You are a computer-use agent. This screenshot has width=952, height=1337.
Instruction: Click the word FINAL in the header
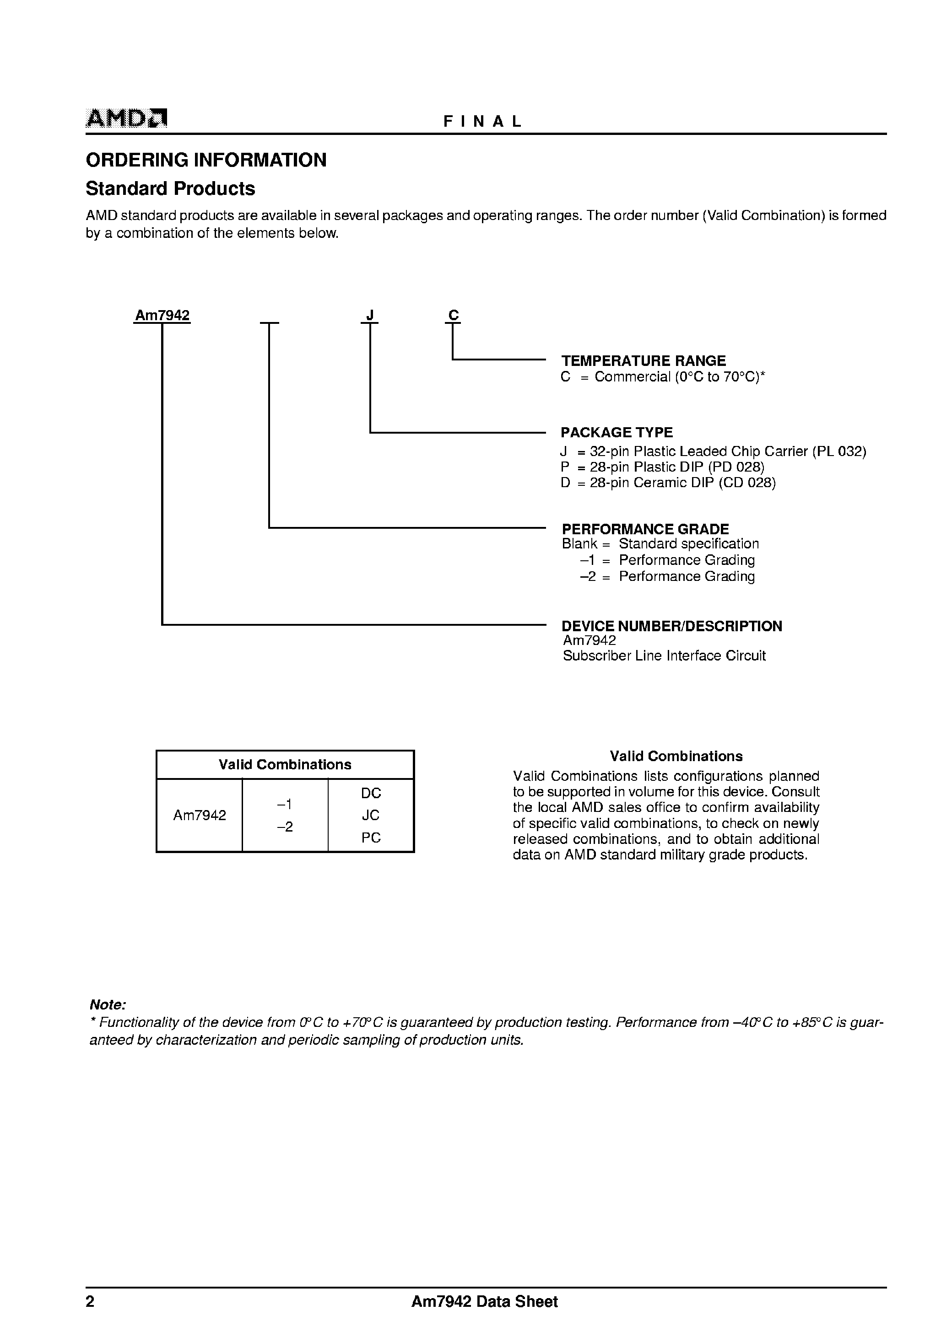tap(482, 121)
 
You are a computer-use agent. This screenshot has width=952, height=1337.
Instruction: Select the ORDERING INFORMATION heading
tap(206, 160)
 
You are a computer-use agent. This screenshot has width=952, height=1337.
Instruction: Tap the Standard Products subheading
tap(171, 188)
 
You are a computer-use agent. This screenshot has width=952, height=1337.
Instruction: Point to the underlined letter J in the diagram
tap(370, 316)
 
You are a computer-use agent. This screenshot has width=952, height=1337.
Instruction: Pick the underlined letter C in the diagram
tap(453, 316)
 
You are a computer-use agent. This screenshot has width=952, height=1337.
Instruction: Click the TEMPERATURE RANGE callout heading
tap(644, 361)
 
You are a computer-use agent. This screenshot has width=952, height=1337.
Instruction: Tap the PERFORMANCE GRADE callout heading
tap(645, 529)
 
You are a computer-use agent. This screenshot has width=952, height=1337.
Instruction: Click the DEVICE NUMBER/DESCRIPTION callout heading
tap(672, 626)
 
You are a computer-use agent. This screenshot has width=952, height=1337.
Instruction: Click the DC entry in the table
tap(371, 793)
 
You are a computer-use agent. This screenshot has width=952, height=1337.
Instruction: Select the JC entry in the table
tap(371, 815)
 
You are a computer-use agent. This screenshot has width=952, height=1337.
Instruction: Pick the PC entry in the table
tap(371, 838)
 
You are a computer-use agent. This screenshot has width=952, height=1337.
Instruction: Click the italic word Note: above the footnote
tap(108, 1005)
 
